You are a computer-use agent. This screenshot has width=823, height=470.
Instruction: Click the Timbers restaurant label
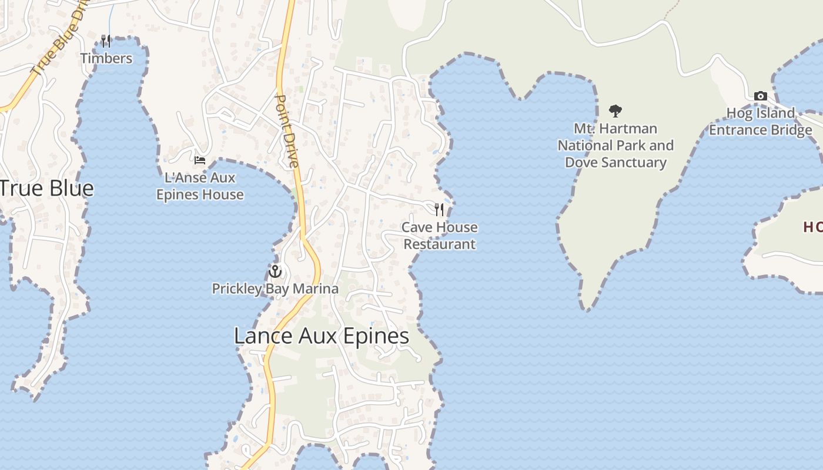click(106, 58)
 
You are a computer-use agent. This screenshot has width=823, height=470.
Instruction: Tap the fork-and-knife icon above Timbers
click(106, 41)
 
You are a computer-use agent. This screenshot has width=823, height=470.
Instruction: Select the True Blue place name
click(46, 189)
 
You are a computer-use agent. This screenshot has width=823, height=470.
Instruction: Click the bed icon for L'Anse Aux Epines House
click(200, 159)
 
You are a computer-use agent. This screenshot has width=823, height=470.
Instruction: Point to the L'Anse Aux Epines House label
click(200, 186)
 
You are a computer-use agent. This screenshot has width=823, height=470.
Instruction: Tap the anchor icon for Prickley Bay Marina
click(275, 271)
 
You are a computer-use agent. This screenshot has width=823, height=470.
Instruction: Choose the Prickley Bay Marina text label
click(275, 288)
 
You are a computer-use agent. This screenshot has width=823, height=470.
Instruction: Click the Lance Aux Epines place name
click(322, 336)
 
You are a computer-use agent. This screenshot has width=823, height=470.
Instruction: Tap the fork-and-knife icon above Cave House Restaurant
click(439, 209)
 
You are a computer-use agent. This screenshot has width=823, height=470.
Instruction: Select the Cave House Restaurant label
click(439, 236)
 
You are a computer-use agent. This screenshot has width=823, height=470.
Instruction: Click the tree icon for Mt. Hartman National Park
click(615, 110)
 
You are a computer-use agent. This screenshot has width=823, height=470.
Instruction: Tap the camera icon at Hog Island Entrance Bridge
click(760, 96)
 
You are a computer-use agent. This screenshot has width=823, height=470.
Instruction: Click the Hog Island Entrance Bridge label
click(761, 122)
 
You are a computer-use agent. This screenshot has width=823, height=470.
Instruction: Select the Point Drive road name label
click(287, 130)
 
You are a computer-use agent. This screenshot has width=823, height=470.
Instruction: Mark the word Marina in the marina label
click(318, 288)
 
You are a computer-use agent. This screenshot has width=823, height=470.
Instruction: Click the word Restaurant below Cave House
click(440, 244)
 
